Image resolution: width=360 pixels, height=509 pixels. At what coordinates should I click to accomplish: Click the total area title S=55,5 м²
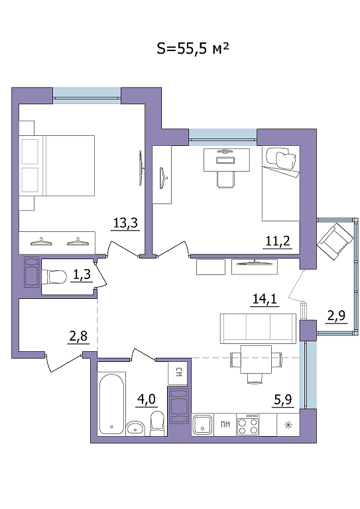click(x=193, y=48)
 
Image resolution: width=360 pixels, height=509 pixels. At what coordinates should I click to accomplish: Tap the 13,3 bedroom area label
click(x=125, y=223)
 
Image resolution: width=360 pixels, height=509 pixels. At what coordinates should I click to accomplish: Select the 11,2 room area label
click(x=278, y=241)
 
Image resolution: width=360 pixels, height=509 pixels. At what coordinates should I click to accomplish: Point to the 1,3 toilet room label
click(x=82, y=275)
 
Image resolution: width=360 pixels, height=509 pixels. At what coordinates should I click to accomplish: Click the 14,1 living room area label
click(x=265, y=299)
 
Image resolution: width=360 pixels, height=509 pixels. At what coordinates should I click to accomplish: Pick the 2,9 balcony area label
click(x=336, y=315)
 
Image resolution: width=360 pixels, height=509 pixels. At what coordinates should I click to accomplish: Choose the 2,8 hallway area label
click(x=78, y=336)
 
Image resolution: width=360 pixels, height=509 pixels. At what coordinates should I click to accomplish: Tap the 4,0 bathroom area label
click(x=147, y=399)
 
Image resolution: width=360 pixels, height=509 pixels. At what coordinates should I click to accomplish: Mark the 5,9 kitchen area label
click(x=283, y=400)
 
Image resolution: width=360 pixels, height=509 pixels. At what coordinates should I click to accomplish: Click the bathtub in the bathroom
click(x=111, y=404)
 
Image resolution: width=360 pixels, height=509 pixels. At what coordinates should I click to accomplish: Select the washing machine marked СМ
click(x=178, y=372)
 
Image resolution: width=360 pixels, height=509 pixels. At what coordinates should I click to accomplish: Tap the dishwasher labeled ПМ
click(x=225, y=425)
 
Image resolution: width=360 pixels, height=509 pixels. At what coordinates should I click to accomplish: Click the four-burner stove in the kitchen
click(x=248, y=425)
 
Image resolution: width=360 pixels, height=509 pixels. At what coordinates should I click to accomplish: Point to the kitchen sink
click(x=203, y=425)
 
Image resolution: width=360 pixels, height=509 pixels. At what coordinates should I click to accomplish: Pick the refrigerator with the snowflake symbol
click(x=288, y=425)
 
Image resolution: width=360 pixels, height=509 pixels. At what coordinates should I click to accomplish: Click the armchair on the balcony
click(x=335, y=242)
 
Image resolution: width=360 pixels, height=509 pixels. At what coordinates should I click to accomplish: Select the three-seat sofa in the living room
click(x=258, y=329)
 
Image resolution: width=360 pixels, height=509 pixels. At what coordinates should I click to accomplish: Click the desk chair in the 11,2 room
click(x=225, y=179)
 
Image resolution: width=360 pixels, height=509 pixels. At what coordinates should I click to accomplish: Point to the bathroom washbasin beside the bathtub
click(x=136, y=427)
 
